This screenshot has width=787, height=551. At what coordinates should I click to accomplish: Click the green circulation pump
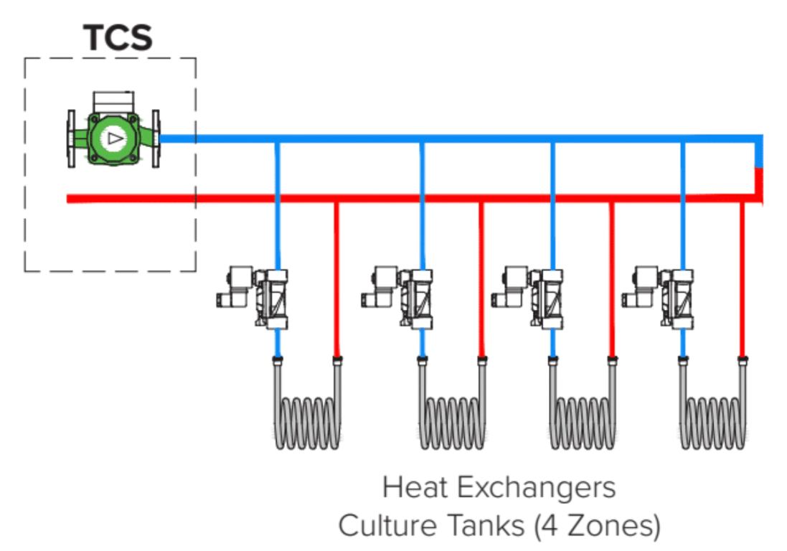[113, 137]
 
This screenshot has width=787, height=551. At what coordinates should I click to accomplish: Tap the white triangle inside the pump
[113, 138]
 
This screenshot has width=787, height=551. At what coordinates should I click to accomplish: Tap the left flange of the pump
[72, 138]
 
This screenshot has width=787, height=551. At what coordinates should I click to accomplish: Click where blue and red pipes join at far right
[758, 168]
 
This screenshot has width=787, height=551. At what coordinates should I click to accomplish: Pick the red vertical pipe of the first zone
[336, 280]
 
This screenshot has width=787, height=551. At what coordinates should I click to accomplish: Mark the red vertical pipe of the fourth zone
[742, 280]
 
